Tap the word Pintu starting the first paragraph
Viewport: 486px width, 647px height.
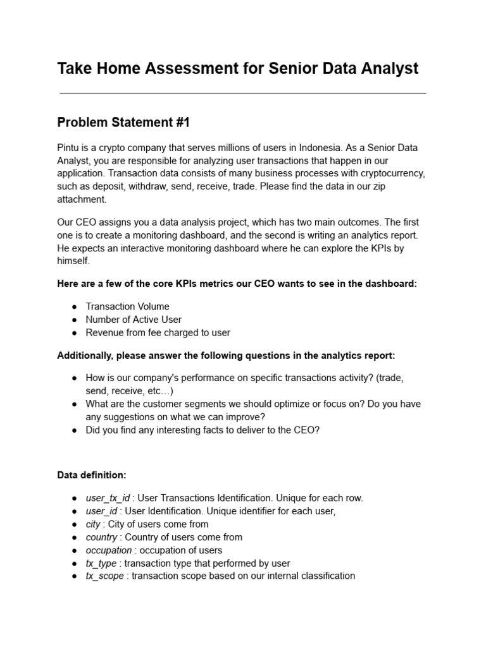68,147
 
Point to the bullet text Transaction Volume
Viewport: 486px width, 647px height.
127,306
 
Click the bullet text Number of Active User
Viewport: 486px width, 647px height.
134,320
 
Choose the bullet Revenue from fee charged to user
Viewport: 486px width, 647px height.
158,332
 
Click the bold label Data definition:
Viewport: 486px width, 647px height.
91,474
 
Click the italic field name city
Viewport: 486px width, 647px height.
94,524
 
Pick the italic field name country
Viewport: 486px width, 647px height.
101,537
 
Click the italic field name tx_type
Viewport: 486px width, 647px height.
101,563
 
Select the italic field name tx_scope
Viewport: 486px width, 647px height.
104,576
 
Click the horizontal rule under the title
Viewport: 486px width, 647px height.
242,94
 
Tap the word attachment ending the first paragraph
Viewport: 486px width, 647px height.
81,199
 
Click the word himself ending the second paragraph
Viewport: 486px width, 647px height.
73,261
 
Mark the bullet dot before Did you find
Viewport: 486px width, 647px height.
74,430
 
